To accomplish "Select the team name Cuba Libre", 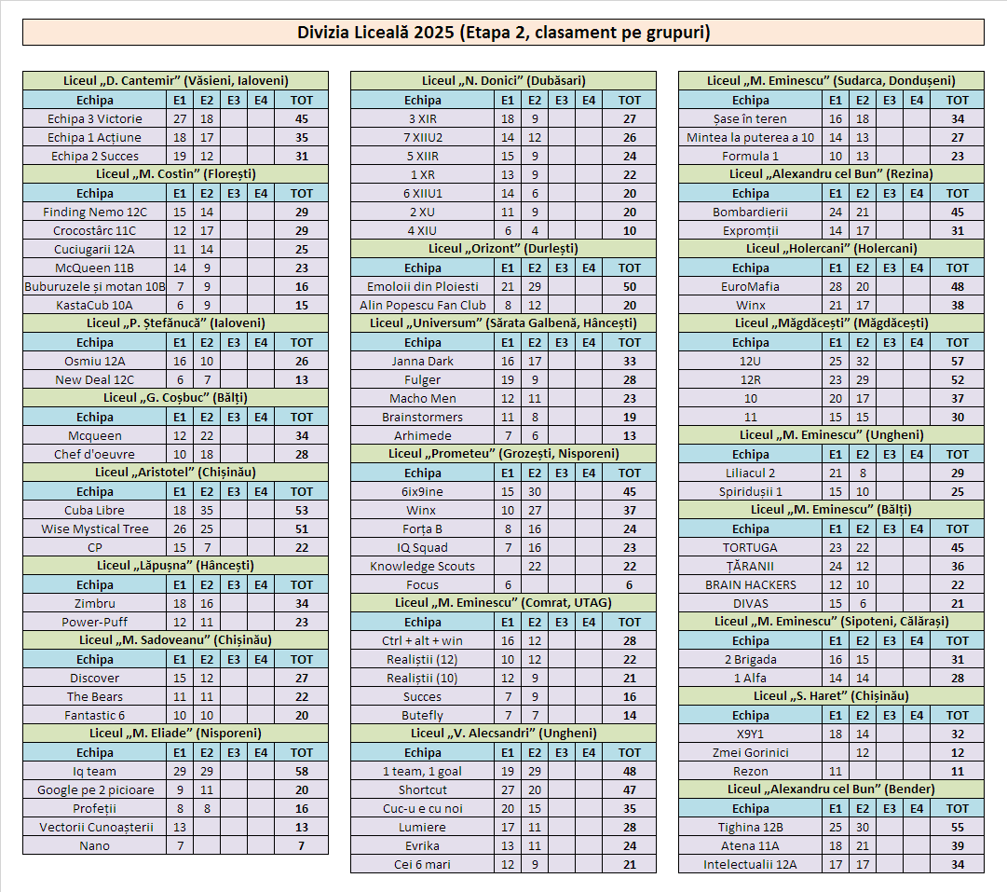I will click(x=95, y=510).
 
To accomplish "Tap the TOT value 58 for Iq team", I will click(x=302, y=771).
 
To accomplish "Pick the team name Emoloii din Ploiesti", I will click(x=423, y=286).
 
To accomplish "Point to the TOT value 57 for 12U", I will click(x=958, y=361).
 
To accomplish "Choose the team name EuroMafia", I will click(x=751, y=286).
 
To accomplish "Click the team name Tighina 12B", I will click(x=751, y=827).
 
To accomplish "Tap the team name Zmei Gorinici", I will click(x=751, y=752).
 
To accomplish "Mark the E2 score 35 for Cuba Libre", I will click(x=207, y=510).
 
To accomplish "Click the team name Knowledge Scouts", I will click(x=423, y=566).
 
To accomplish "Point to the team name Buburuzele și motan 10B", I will click(x=95, y=286).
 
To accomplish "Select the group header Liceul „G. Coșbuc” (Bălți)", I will click(x=175, y=398).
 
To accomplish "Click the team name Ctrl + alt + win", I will click(x=423, y=640).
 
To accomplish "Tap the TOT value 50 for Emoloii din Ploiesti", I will click(x=630, y=286).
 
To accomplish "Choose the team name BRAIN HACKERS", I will click(x=751, y=584).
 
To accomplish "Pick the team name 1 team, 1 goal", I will click(x=423, y=771).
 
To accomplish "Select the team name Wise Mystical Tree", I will click(x=95, y=528).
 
